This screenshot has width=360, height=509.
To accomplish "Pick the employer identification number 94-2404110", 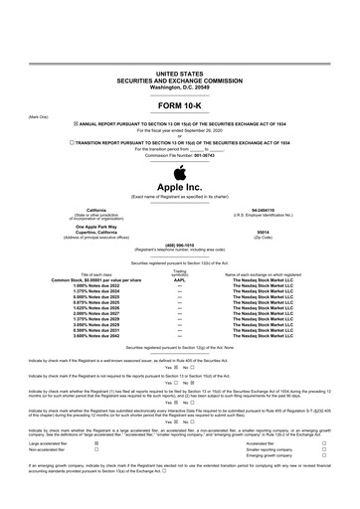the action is click(281, 209).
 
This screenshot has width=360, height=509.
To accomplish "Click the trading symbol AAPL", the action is click(179, 279).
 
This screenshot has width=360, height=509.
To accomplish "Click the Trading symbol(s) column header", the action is click(179, 271).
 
